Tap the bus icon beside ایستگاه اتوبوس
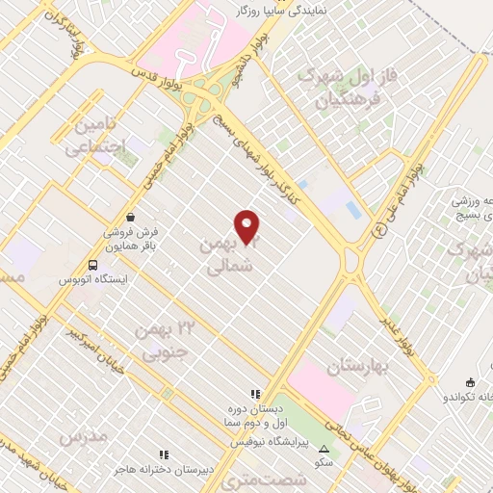(x=92, y=264)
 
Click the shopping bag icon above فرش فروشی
(x=129, y=218)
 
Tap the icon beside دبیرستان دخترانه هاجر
(x=164, y=454)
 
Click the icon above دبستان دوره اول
(x=255, y=393)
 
